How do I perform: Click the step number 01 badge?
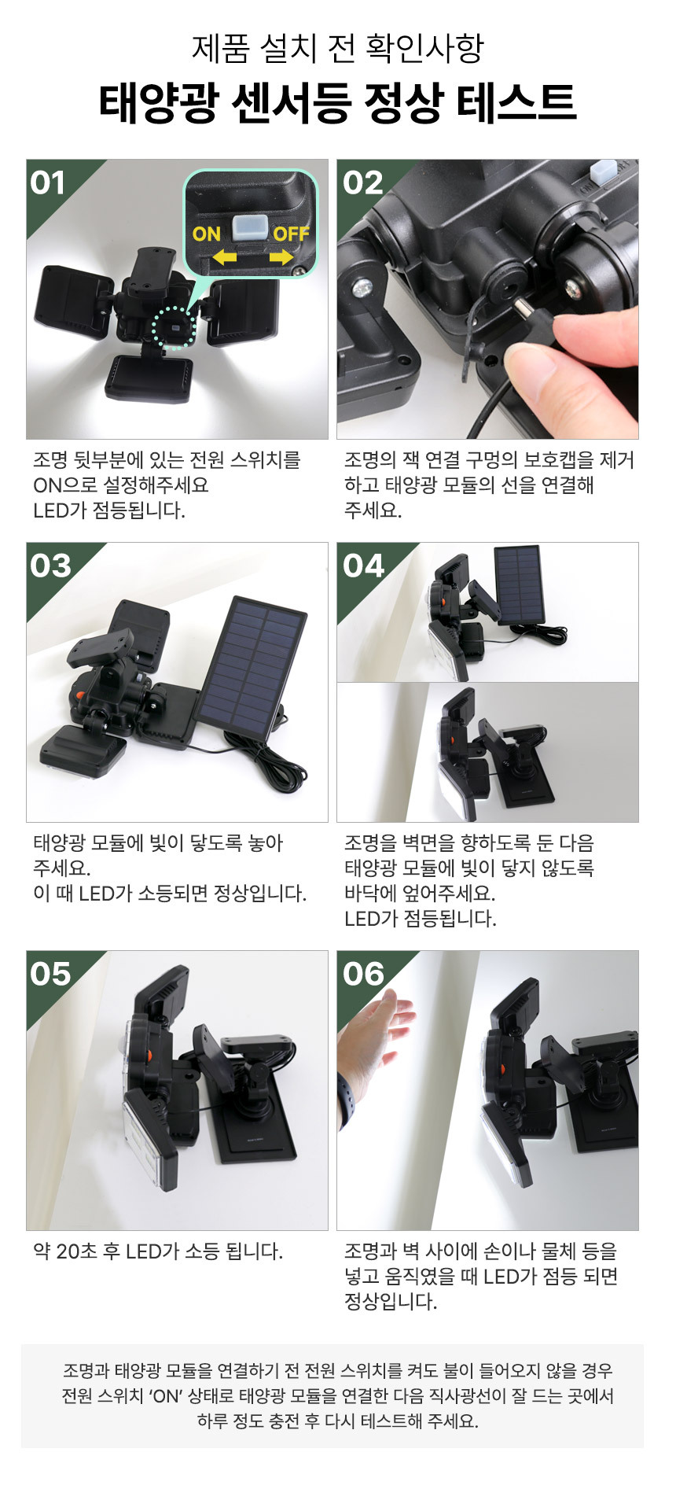[x=48, y=183]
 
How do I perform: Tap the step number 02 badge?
[x=362, y=183]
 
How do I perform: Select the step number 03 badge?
[x=50, y=566]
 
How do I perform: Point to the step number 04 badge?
[x=363, y=566]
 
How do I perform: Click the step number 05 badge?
[x=50, y=975]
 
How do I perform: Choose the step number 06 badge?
[x=363, y=975]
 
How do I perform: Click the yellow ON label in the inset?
[x=207, y=234]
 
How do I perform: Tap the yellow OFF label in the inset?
[x=291, y=234]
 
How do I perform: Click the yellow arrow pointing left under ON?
[x=225, y=256]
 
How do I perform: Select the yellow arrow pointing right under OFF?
[x=281, y=257]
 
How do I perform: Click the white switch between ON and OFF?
[x=247, y=227]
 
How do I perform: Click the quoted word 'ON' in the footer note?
[x=165, y=1396]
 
